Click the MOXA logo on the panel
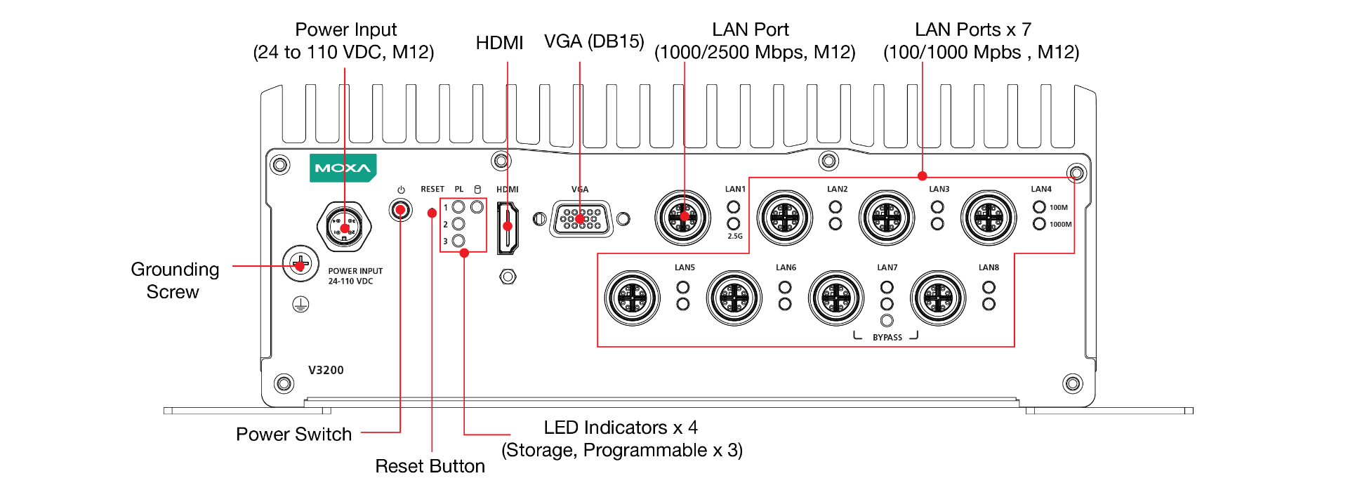[343, 168]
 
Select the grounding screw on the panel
[300, 265]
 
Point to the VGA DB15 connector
[581, 219]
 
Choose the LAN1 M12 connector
[682, 217]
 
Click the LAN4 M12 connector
[989, 218]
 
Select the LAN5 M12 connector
[633, 298]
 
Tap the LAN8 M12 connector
[938, 298]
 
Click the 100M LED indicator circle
[1039, 207]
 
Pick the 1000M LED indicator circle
[1039, 224]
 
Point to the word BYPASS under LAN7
[887, 338]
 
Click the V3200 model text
[326, 370]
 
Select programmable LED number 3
[458, 241]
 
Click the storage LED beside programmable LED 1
[477, 207]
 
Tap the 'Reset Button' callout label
[430, 466]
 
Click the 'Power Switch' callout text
[293, 435]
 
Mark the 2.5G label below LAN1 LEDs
[735, 237]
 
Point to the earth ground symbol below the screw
[300, 304]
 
